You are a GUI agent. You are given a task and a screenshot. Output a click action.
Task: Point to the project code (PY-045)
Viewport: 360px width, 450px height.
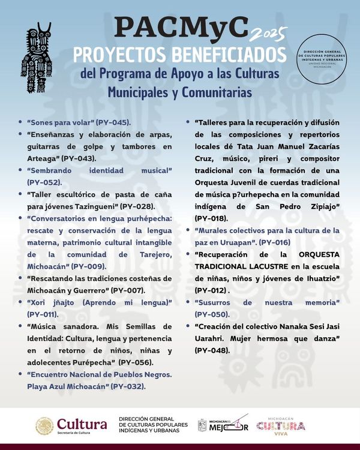(113, 122)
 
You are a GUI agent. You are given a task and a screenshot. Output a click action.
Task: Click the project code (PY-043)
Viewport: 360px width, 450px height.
(95, 158)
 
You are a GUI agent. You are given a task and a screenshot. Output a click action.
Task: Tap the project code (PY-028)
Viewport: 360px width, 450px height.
(139, 206)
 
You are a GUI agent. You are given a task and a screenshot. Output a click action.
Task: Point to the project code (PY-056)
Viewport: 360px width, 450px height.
(136, 362)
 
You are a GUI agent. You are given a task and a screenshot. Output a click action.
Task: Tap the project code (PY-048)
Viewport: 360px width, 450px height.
(212, 350)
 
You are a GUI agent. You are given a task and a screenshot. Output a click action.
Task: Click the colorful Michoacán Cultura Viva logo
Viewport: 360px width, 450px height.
(280, 425)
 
